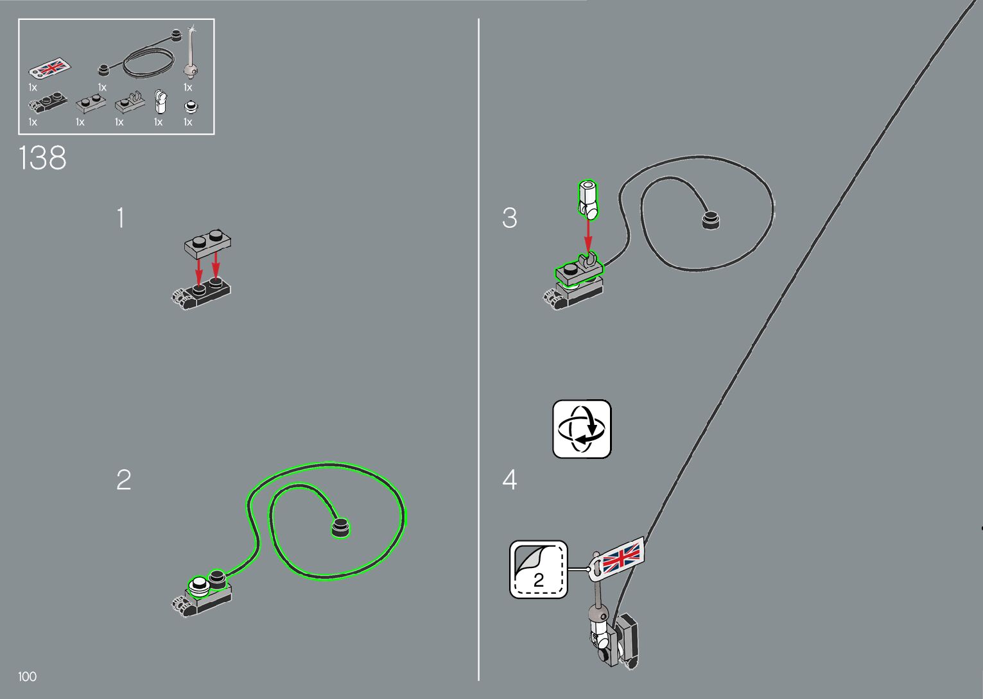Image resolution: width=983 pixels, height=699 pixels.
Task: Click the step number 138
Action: pos(42,158)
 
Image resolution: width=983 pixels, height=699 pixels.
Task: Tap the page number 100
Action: pos(28,677)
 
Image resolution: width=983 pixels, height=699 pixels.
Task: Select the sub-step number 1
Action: pos(120,218)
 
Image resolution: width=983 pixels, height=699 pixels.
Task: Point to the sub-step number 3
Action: pos(509,218)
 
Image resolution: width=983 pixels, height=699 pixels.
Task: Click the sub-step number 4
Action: pos(509,479)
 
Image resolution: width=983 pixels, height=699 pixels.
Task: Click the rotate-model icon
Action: pos(582,429)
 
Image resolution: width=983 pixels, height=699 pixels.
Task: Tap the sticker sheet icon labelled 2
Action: pos(539,570)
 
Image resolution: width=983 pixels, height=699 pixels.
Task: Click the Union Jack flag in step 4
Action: pos(621,555)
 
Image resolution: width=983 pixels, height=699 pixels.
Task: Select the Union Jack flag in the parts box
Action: pos(49,68)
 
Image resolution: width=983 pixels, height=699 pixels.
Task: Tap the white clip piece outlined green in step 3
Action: pos(588,199)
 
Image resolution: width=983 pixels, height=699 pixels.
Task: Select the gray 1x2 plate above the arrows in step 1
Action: pos(207,242)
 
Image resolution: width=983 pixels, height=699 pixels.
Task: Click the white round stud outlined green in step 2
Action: pos(200,585)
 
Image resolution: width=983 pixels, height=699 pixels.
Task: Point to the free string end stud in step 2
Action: pos(340,527)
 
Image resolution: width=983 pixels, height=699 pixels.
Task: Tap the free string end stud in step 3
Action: pos(710,220)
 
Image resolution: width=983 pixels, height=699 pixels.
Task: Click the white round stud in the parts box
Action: pos(189,107)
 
